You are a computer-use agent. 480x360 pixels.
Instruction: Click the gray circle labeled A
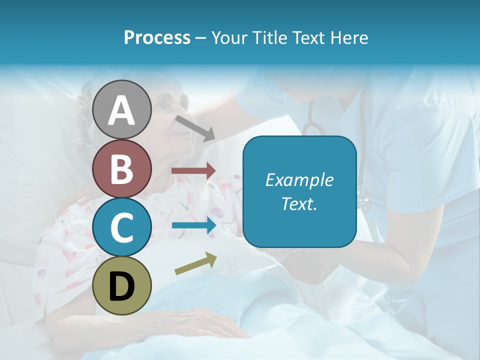[x=121, y=109]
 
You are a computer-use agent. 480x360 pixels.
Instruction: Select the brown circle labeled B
[x=121, y=168]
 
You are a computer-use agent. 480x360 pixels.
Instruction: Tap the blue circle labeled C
[x=121, y=227]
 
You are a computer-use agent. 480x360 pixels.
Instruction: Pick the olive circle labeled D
[x=121, y=285]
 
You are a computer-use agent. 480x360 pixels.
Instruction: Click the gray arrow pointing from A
[x=195, y=128]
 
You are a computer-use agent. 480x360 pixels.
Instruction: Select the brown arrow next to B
[x=193, y=171]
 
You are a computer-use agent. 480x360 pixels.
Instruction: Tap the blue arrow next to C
[x=193, y=225]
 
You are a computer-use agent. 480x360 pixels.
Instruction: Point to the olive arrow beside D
[x=195, y=263]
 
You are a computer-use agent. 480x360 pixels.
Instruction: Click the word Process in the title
[x=157, y=38]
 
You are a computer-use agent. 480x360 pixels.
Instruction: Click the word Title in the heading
[x=266, y=38]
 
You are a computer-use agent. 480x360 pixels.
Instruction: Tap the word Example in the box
[x=299, y=180]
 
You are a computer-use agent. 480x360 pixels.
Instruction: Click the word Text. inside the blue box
[x=299, y=204]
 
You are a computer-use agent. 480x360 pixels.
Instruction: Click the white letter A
[x=121, y=110]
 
